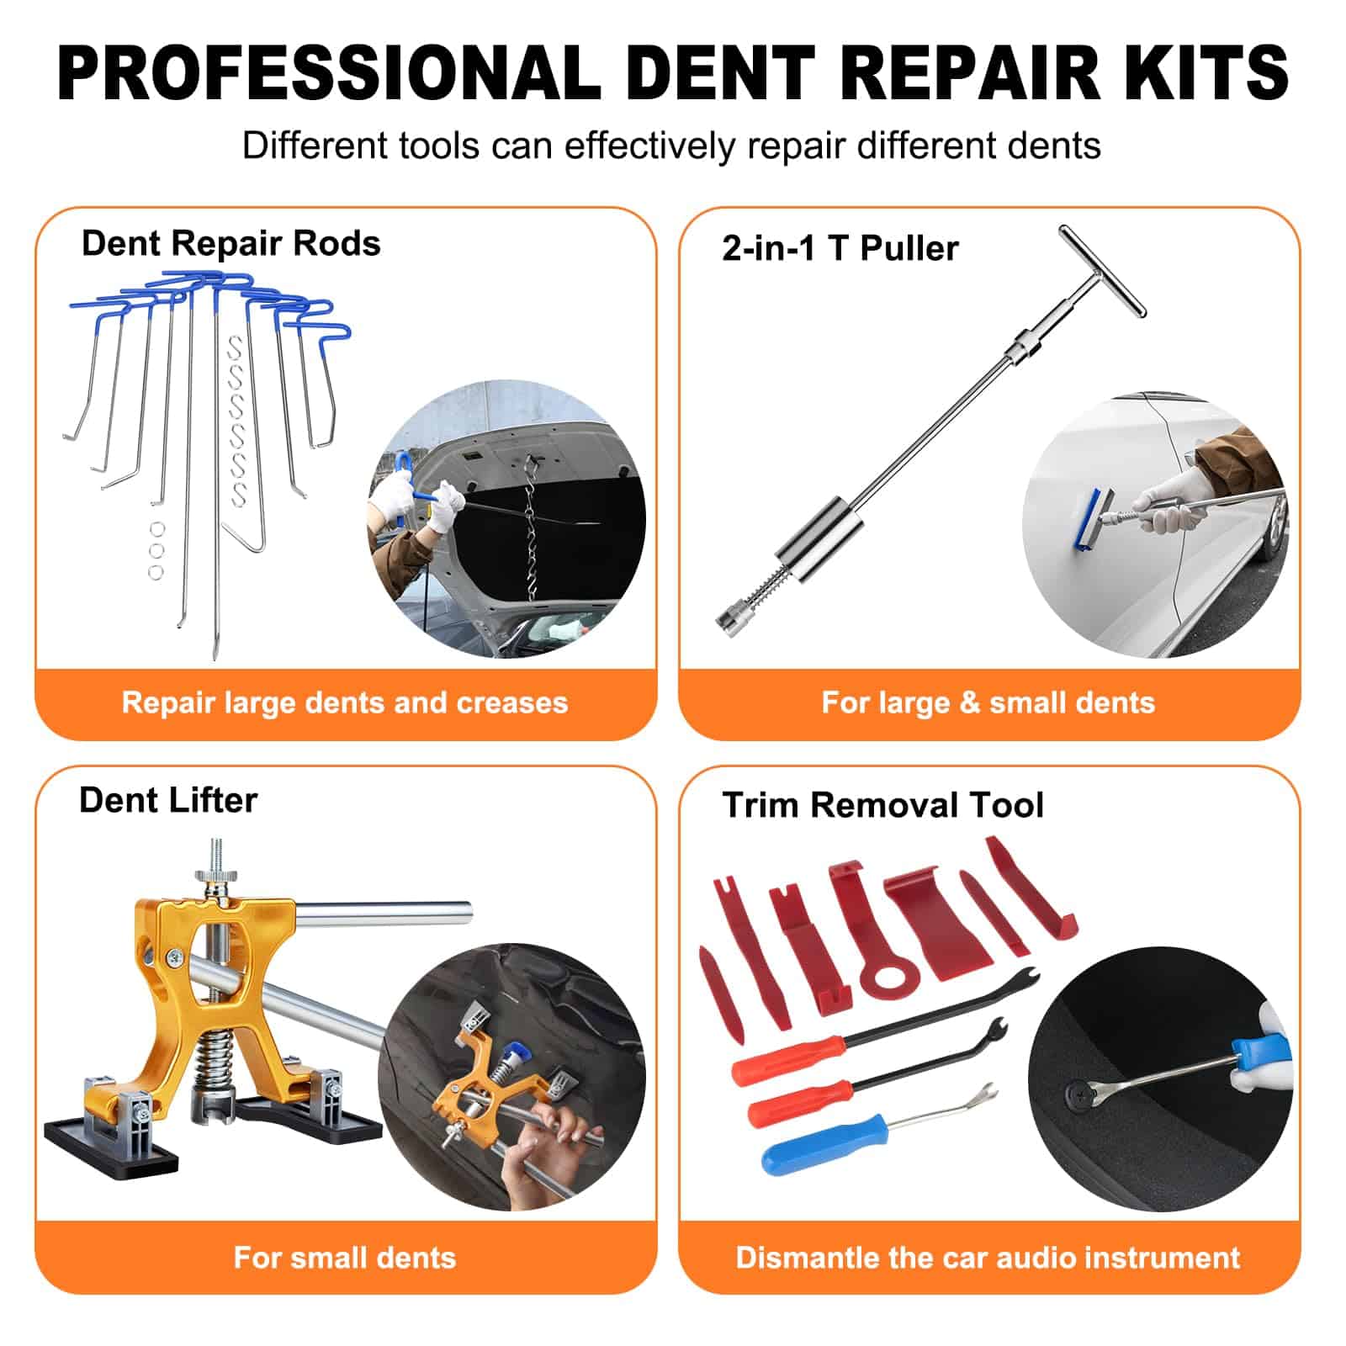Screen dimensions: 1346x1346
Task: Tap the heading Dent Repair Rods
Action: [231, 244]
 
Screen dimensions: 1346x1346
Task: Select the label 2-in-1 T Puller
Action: [840, 248]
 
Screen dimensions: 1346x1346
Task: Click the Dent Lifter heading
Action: [168, 800]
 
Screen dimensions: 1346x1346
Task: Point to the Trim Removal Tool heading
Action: [883, 805]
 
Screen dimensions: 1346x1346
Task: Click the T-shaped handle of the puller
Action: [1103, 271]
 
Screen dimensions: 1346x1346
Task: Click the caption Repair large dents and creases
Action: [345, 702]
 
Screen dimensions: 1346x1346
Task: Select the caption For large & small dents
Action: [988, 702]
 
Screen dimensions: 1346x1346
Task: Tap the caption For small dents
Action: [345, 1258]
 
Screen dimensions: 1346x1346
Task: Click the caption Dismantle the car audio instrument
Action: [988, 1258]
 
